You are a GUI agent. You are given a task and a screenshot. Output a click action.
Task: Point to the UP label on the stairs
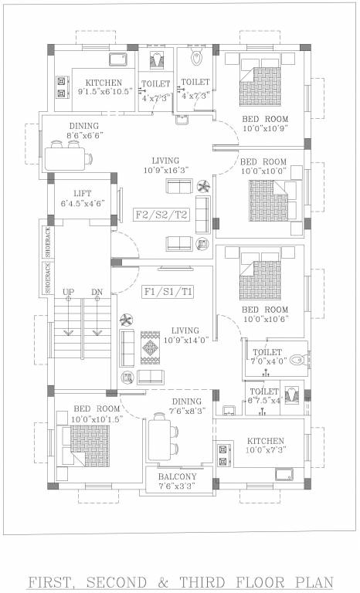point(68,292)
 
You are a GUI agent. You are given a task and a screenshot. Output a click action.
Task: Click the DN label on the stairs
point(97,292)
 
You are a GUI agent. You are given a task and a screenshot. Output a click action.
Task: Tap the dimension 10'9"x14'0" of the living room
point(185,340)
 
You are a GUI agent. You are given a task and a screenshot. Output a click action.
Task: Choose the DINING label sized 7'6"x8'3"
point(186,402)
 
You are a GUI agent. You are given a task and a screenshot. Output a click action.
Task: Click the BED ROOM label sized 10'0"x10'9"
point(265,119)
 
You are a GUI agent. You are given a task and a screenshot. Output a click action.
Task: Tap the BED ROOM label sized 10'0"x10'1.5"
point(97,408)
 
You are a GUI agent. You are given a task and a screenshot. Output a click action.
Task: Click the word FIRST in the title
point(56,581)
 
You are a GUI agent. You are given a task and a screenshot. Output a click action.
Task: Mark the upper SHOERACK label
point(47,242)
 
